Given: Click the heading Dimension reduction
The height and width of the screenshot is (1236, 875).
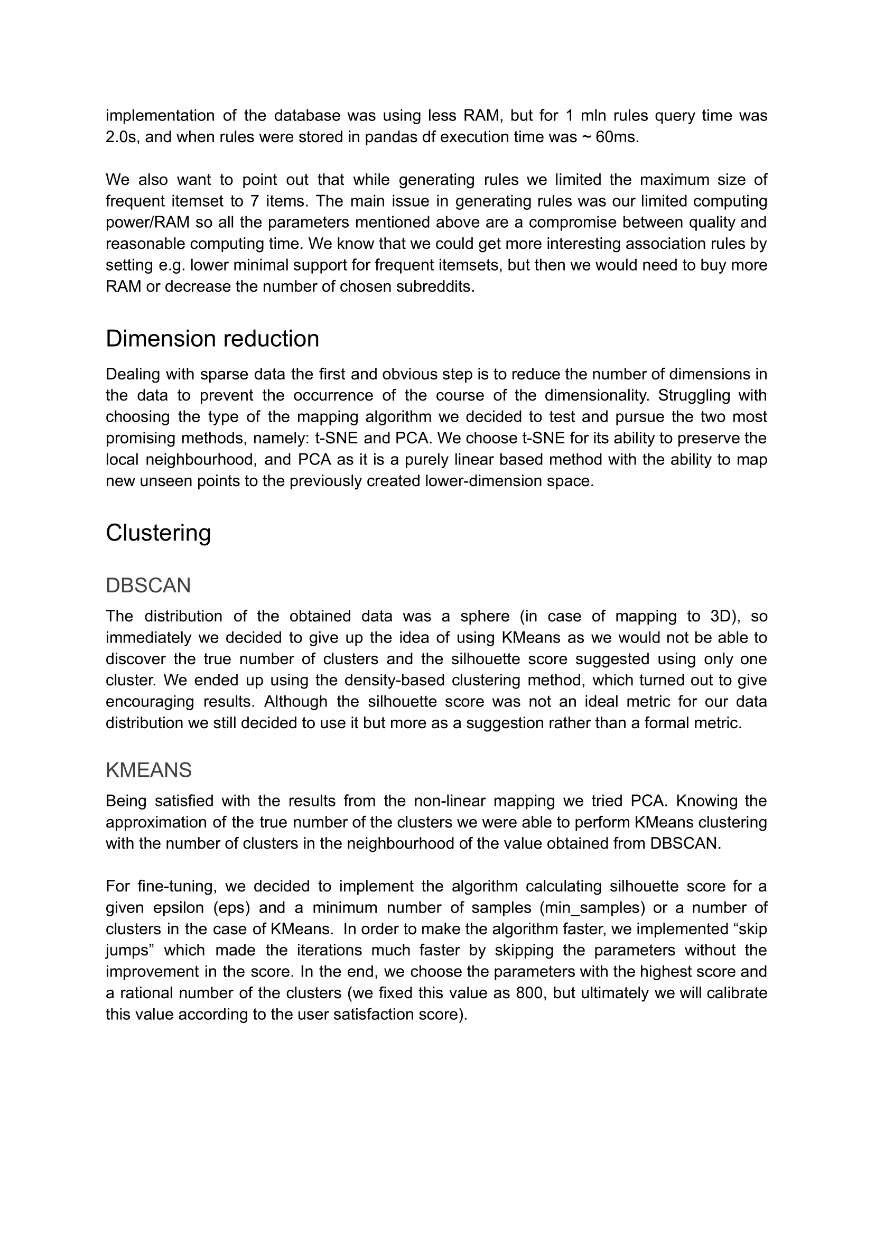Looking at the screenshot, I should coord(212,339).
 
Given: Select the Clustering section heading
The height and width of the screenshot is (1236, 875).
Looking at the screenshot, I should coord(159,533).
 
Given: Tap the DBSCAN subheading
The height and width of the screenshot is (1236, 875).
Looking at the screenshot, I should coord(148,586).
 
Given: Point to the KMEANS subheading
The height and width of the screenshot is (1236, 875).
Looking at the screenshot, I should coord(148,770).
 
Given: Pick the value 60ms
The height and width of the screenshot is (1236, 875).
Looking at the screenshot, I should coord(617,137).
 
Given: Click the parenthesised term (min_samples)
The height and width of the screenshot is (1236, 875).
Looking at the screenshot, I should coord(592,908).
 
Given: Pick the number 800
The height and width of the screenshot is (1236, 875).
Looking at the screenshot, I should coord(527,993).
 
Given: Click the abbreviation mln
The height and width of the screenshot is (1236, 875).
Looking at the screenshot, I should coord(593,116).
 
